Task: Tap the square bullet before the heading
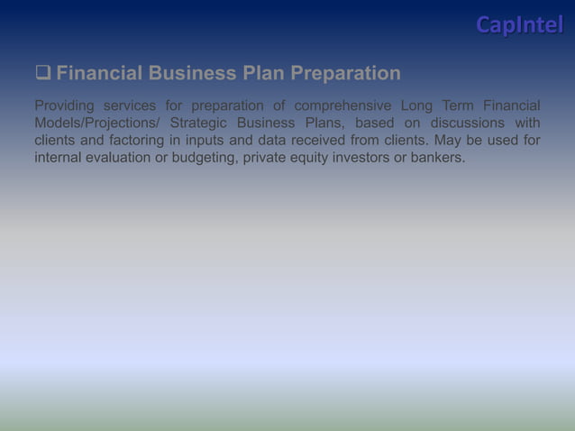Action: point(43,73)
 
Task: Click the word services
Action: point(135,105)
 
